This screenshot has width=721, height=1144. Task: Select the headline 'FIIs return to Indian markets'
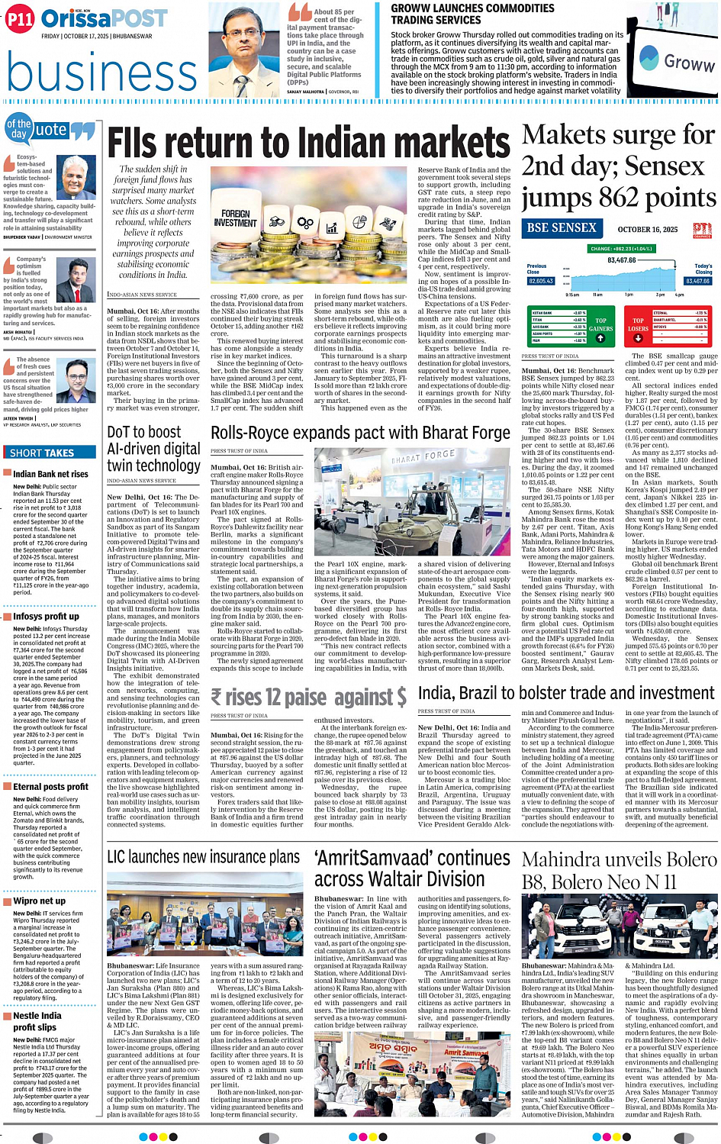coord(308,143)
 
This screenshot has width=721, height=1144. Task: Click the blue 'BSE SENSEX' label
coord(562,228)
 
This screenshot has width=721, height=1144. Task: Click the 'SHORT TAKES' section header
coord(42,453)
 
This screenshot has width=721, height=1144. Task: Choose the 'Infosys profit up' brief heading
coord(46,616)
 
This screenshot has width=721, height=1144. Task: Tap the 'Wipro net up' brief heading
coord(39,901)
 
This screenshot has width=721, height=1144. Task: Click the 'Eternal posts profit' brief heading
coord(50,786)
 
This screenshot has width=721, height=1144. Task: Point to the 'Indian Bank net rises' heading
coord(50,474)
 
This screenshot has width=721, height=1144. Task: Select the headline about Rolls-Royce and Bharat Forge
coord(360,433)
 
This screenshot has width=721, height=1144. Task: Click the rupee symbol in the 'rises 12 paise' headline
coord(217,697)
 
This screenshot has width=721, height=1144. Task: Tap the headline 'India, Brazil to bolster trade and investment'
coord(566,693)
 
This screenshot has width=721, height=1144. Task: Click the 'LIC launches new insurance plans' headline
coord(203,857)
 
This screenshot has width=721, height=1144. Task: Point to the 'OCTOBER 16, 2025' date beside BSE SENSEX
coord(647,229)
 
